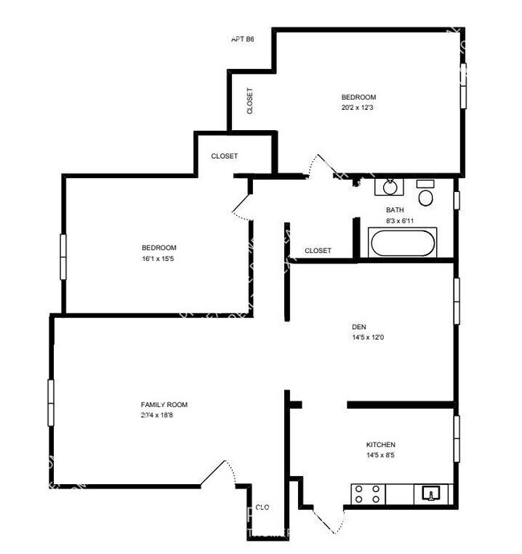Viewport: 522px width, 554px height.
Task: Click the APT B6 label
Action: tap(243, 39)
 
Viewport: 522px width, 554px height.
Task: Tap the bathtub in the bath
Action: tap(402, 242)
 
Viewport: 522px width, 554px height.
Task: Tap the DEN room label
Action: tap(359, 327)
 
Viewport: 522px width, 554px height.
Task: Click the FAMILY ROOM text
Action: tap(165, 405)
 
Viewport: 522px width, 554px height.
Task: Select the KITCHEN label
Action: tap(381, 445)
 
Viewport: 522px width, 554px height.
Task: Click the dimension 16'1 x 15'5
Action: tap(159, 259)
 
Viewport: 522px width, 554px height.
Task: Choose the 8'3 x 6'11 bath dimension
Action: tap(399, 220)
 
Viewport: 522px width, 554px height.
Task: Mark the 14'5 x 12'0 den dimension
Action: tap(368, 338)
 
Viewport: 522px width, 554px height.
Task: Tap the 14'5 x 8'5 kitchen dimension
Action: tap(381, 456)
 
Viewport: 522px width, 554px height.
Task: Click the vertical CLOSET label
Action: tap(251, 100)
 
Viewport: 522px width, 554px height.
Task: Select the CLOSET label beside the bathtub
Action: tap(318, 251)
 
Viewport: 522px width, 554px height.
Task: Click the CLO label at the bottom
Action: tap(262, 507)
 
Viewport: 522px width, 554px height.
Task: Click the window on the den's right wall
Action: tap(456, 301)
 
